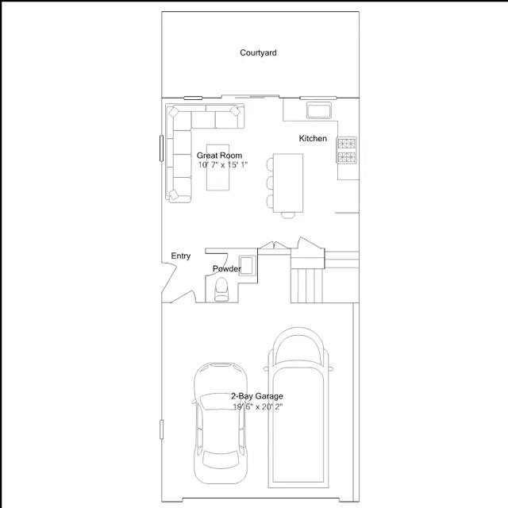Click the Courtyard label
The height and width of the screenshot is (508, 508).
click(258, 53)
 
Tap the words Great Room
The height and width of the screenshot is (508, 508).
click(220, 156)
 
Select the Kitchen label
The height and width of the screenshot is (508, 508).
click(313, 139)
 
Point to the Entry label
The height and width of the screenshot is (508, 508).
click(181, 256)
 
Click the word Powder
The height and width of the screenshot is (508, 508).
click(226, 269)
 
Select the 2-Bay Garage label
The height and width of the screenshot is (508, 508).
click(256, 396)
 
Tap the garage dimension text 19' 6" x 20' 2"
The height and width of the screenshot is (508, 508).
click(257, 406)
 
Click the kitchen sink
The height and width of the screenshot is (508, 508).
click(318, 110)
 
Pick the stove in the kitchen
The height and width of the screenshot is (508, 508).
click(348, 149)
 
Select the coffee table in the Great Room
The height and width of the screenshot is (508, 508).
click(218, 172)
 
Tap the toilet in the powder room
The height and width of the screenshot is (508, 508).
click(221, 290)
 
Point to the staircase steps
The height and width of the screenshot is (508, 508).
click(307, 284)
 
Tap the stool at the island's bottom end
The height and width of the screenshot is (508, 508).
click(287, 212)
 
